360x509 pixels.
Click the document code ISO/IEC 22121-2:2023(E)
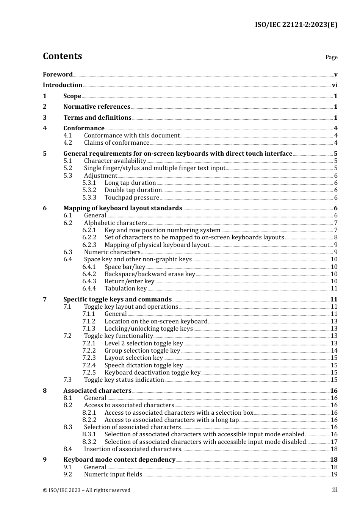(296, 25)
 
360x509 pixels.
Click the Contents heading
(62, 56)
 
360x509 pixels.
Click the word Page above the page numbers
(331, 57)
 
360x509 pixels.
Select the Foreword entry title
(58, 74)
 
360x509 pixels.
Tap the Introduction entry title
(63, 85)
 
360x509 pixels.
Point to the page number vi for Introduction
(335, 85)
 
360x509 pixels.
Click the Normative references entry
(97, 107)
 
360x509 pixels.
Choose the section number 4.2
(67, 143)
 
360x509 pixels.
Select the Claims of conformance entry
(116, 143)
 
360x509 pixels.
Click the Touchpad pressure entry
(131, 198)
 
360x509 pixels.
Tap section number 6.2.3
(89, 245)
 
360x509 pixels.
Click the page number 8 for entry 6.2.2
(336, 237)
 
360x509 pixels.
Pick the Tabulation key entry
(125, 289)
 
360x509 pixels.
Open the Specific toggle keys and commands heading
(117, 300)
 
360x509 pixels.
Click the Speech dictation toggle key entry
(144, 365)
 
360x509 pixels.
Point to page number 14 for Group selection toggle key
(334, 351)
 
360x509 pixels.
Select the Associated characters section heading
(97, 391)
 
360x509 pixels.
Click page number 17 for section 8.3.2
(334, 442)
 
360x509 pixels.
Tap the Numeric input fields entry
(113, 475)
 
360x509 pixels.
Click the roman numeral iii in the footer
(335, 490)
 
